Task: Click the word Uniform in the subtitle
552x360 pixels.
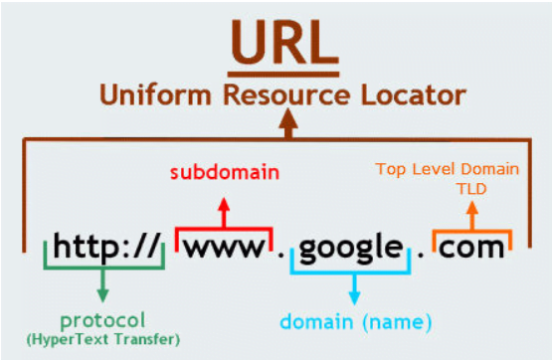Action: click(x=155, y=95)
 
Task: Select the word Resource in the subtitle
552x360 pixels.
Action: click(x=286, y=95)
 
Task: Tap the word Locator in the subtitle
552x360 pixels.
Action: click(x=414, y=95)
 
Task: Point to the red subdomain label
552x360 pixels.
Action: click(x=225, y=172)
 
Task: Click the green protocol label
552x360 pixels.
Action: click(x=102, y=321)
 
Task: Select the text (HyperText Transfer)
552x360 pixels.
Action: click(x=103, y=339)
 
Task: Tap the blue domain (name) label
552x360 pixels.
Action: click(x=355, y=321)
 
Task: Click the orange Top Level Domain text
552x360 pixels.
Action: click(x=448, y=169)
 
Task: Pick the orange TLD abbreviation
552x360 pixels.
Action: click(x=471, y=189)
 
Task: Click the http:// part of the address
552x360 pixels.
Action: click(x=106, y=246)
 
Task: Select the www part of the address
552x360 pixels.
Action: click(x=225, y=247)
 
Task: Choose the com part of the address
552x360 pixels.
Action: click(x=471, y=248)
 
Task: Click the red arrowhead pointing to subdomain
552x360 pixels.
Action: click(x=224, y=205)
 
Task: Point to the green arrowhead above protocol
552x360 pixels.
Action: click(x=102, y=295)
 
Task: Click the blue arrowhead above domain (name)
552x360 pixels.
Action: click(x=354, y=297)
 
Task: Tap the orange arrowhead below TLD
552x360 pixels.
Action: click(x=472, y=208)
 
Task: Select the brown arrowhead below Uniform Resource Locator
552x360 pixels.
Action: click(x=288, y=118)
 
